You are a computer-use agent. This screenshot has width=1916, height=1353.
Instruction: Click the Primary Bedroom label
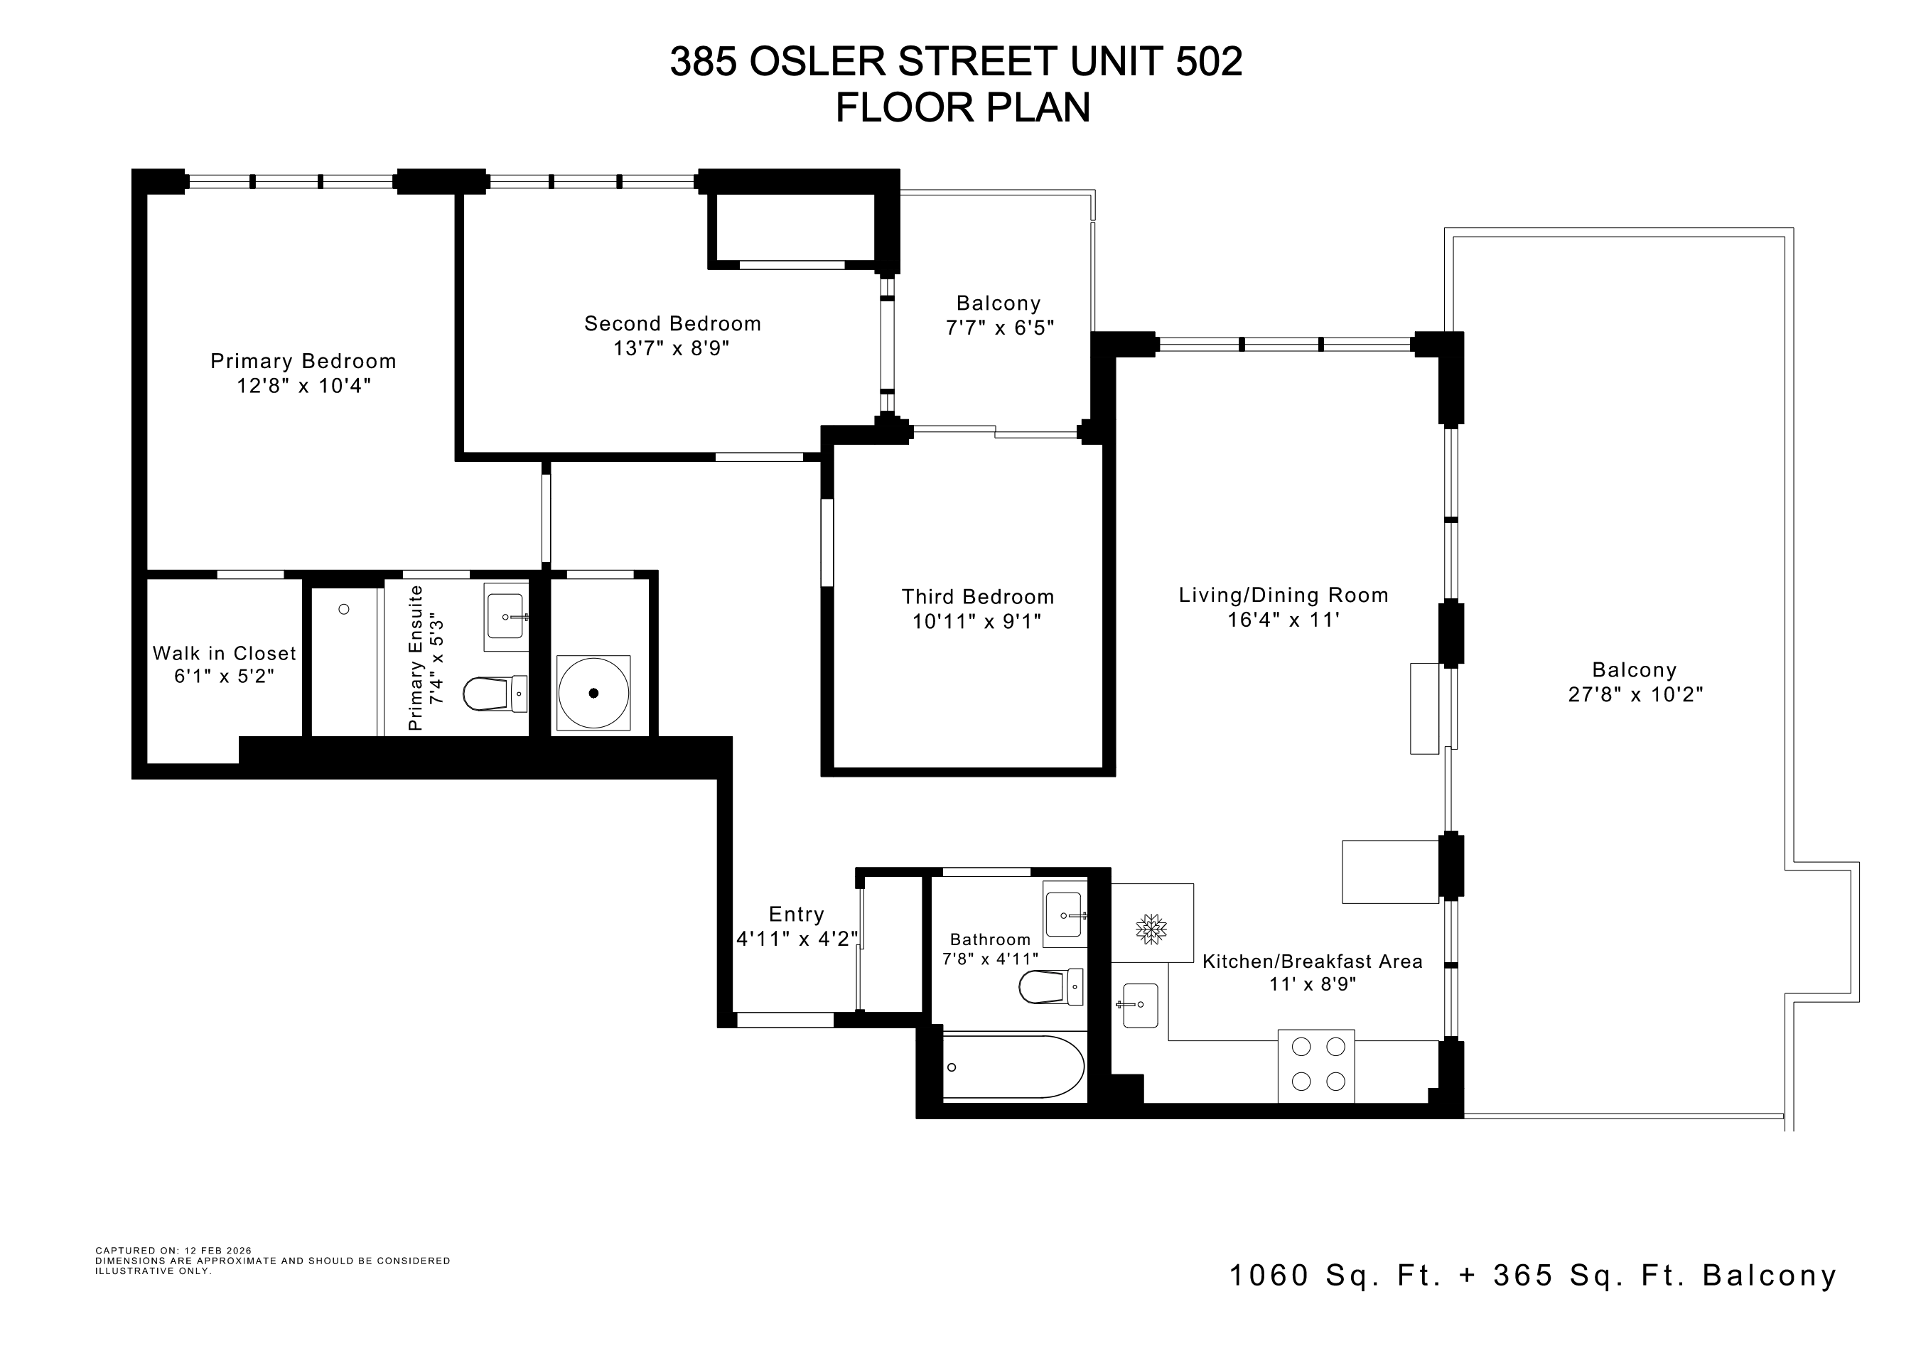pos(303,361)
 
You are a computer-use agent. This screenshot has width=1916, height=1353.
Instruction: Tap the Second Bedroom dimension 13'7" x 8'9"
pos(672,347)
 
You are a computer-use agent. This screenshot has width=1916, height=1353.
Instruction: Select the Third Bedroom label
pos(977,596)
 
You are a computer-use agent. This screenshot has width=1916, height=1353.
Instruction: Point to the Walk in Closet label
pos(225,653)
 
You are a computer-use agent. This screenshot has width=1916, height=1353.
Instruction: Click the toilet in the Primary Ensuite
pos(495,693)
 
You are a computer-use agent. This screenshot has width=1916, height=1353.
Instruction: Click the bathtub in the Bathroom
pos(1014,1067)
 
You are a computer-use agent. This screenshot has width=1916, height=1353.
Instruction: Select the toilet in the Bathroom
pos(1050,987)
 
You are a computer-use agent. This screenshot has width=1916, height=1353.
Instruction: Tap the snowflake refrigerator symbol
pos(1151,929)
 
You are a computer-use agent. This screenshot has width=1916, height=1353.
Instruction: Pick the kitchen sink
pos(1139,1006)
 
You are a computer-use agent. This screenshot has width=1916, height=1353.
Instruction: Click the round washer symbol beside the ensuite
pos(593,693)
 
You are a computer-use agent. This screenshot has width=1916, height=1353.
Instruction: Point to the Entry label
pos(796,915)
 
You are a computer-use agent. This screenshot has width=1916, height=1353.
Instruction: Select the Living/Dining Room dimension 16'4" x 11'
pos(1283,620)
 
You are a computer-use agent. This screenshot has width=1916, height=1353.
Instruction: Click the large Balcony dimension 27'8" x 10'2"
pos(1635,694)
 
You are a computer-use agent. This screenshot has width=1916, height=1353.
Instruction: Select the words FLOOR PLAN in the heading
pos(963,107)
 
